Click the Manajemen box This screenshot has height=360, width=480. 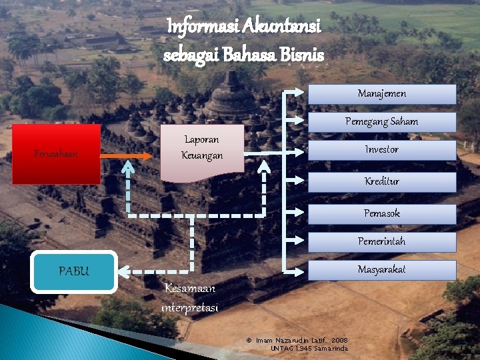coord(381,94)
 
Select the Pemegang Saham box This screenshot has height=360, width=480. coord(381,121)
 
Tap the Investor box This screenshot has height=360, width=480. coord(381,149)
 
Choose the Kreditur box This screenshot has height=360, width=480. coord(381,181)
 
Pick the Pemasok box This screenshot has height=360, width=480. coord(381,213)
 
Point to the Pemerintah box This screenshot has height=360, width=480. coord(381,241)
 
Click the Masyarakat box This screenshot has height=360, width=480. coord(381,269)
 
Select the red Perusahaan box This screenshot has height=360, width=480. coord(57,154)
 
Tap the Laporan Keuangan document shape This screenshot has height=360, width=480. coord(202,151)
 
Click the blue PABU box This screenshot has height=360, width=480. coord(74,271)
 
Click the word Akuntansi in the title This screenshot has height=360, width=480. coord(283,27)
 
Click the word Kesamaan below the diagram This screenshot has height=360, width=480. coord(190,289)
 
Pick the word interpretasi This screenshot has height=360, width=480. coord(190,307)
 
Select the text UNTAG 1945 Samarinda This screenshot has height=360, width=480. coord(309,349)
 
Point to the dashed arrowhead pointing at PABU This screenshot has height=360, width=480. coord(131,271)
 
